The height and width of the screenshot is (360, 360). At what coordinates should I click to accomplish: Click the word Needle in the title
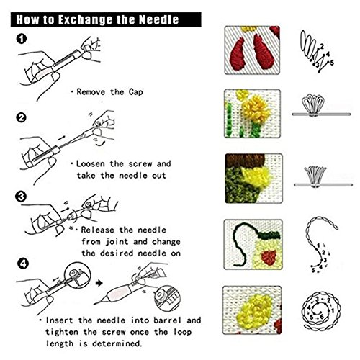coord(159,19)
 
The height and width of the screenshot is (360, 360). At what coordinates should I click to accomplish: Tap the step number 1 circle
coord(22,39)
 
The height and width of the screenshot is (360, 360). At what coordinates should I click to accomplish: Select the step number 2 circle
coord(22,117)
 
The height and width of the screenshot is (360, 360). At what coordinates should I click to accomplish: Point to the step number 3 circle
coord(21,197)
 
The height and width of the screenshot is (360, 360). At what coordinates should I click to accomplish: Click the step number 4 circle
coord(23,264)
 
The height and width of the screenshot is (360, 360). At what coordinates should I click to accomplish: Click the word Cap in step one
coord(135,92)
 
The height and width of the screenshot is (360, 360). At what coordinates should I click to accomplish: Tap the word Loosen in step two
coord(91,164)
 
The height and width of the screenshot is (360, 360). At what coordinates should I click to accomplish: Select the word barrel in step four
coord(167,320)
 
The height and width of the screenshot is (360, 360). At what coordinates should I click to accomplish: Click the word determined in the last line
coord(117,343)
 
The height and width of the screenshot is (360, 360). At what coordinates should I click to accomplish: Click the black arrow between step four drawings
coord(99,283)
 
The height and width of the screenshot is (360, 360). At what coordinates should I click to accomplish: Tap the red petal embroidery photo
coord(252,50)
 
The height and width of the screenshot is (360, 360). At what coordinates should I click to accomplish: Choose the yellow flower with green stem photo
coord(252,114)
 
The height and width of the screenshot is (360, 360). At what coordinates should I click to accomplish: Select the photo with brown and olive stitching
coord(253,179)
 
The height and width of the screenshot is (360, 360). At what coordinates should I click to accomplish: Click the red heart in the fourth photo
coord(269,257)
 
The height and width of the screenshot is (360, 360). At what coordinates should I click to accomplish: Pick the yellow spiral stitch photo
coord(252,310)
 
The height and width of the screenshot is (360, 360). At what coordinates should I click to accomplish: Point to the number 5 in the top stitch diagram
coord(332,63)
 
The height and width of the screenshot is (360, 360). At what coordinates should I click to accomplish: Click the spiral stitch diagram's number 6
coord(322,317)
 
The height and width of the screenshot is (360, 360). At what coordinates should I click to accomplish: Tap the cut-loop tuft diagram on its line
coord(323,185)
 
